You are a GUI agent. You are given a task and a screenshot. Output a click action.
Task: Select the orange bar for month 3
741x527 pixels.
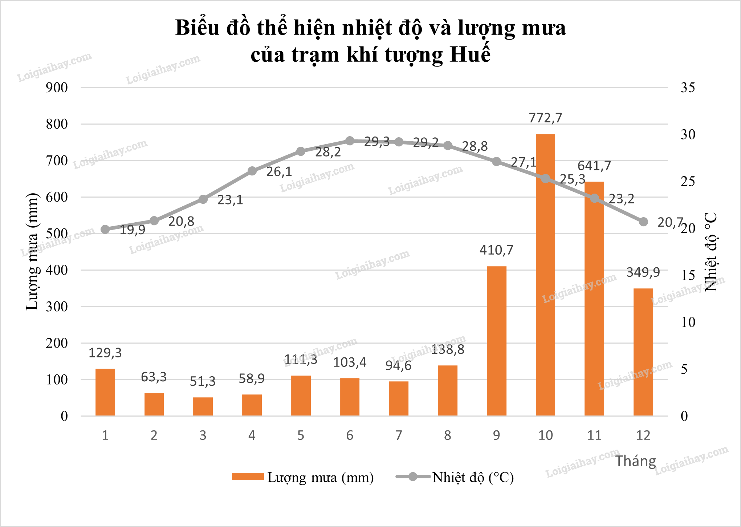click(203, 406)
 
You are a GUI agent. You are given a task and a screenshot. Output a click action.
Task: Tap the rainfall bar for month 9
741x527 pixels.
click(496, 341)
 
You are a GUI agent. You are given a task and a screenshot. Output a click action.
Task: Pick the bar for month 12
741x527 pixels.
click(643, 352)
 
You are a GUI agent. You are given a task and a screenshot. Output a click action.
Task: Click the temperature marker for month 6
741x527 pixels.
click(350, 141)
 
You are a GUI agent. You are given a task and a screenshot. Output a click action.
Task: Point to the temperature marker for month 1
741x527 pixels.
click(105, 229)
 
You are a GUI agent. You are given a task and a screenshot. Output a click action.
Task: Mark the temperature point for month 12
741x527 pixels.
click(643, 222)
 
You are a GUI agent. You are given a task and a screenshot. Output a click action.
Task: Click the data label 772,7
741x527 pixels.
click(545, 118)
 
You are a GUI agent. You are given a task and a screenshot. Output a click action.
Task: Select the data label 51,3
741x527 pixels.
click(203, 381)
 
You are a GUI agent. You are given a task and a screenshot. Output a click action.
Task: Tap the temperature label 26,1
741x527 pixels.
click(279, 172)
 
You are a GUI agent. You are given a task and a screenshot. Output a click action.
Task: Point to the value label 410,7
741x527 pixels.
click(496, 250)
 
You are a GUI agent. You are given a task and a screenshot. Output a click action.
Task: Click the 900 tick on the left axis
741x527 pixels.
click(57, 88)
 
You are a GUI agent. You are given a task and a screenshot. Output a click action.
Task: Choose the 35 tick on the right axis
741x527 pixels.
click(688, 88)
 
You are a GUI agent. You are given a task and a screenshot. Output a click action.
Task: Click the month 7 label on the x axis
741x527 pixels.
click(399, 435)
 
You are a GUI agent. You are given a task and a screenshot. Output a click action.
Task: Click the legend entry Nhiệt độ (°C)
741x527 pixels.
click(473, 477)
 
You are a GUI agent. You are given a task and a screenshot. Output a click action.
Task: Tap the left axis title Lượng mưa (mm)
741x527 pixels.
click(32, 251)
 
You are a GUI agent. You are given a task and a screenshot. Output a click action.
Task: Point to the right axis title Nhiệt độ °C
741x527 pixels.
click(711, 252)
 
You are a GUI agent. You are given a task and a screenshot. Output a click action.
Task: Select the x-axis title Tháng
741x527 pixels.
click(636, 461)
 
